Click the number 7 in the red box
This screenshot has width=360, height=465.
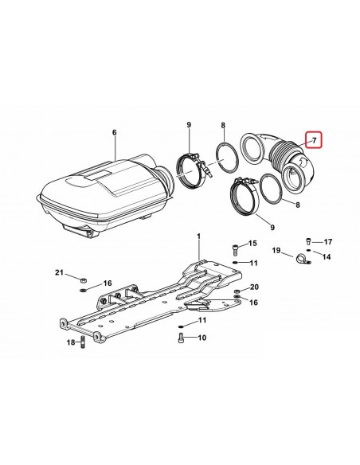[315, 140]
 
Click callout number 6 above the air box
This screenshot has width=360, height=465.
[115, 132]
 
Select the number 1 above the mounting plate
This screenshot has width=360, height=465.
[198, 236]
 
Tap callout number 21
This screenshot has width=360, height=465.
[59, 272]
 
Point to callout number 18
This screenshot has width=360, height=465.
[71, 343]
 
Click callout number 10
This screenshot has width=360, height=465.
[202, 338]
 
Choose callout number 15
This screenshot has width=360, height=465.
[252, 244]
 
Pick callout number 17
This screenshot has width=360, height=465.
[327, 242]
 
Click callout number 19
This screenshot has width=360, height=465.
[276, 251]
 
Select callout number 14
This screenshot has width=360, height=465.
[327, 256]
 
